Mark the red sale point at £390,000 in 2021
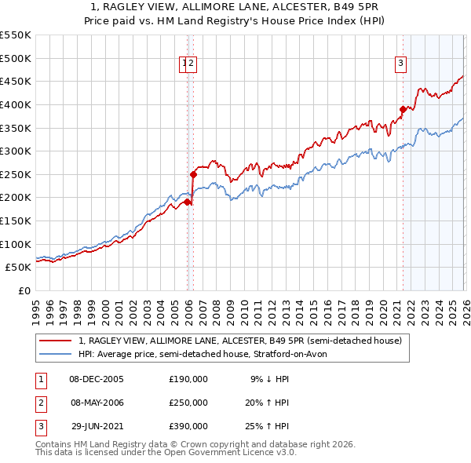tap(403, 109)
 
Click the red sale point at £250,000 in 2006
tap(192, 174)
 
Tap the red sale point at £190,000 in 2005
tap(187, 202)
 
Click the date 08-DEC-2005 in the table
tap(97, 379)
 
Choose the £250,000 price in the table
tap(188, 403)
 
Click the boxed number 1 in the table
tap(41, 379)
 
